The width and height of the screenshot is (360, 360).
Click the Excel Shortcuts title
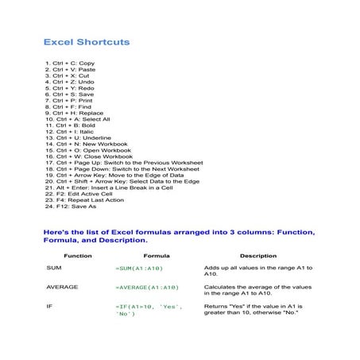[x=87, y=41]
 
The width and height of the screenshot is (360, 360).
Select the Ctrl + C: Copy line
[x=71, y=63]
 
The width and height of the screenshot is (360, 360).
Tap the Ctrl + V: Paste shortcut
[x=72, y=69]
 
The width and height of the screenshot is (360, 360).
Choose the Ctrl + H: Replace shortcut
[x=76, y=113]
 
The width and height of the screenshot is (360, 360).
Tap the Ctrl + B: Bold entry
[x=72, y=126]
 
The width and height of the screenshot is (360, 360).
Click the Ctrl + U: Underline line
[x=79, y=137]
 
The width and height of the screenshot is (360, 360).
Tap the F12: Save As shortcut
[x=72, y=207]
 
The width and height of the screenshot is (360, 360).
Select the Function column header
[x=78, y=256]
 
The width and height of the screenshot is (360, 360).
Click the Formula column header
[x=156, y=256]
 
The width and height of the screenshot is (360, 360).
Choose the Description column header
[x=258, y=256]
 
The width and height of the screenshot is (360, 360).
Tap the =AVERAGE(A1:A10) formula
[x=148, y=286]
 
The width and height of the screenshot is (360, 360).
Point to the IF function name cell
[x=49, y=305]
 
